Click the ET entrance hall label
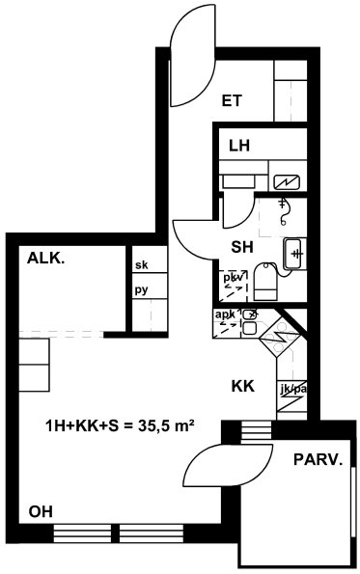[232, 100]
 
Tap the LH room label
[239, 146]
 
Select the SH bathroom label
[242, 248]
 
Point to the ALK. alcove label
[46, 259]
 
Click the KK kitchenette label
[243, 386]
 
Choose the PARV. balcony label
[318, 459]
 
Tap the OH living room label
[41, 511]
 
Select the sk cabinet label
[142, 264]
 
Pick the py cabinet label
[141, 290]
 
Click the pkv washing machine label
[234, 278]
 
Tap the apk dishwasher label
[225, 314]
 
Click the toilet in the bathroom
[265, 282]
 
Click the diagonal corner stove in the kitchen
[280, 337]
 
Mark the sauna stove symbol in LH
[287, 182]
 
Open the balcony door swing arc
[228, 466]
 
